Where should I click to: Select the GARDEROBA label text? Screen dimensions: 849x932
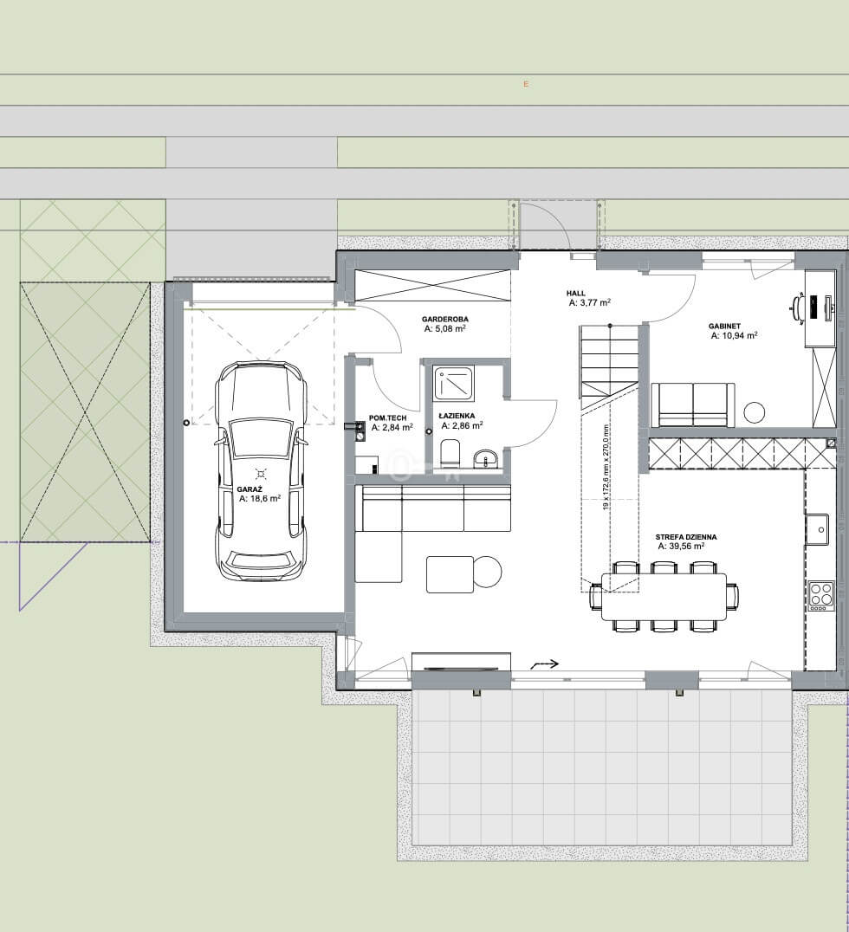point(444,320)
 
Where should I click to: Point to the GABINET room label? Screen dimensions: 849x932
point(724,327)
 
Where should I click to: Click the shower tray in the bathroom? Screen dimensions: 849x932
point(453,384)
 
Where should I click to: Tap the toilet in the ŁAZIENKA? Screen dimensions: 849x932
point(450,454)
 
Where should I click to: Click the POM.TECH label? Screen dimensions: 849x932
point(387,417)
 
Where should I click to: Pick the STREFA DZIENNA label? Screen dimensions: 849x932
point(686,537)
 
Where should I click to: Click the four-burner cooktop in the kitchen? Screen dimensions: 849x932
point(821,596)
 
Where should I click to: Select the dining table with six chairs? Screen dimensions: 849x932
point(664,597)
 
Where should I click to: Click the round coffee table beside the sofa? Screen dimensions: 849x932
point(488,572)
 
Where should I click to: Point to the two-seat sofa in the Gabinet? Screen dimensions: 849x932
point(693,405)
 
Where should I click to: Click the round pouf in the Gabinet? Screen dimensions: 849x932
point(755,412)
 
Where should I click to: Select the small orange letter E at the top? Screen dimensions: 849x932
point(526,84)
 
